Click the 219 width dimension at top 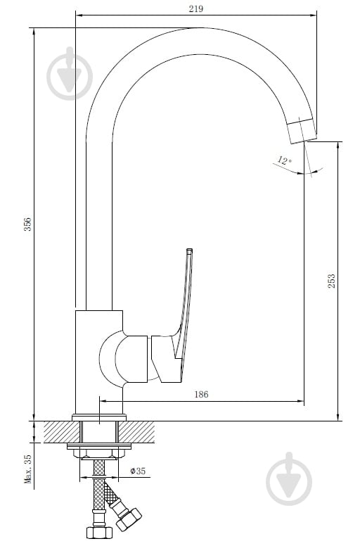point(196,8)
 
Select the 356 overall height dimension point(27,224)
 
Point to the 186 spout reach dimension point(201,394)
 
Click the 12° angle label point(284,160)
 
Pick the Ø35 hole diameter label point(138,471)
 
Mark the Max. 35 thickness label point(28,469)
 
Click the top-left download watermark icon point(70,73)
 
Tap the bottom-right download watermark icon point(289,478)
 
